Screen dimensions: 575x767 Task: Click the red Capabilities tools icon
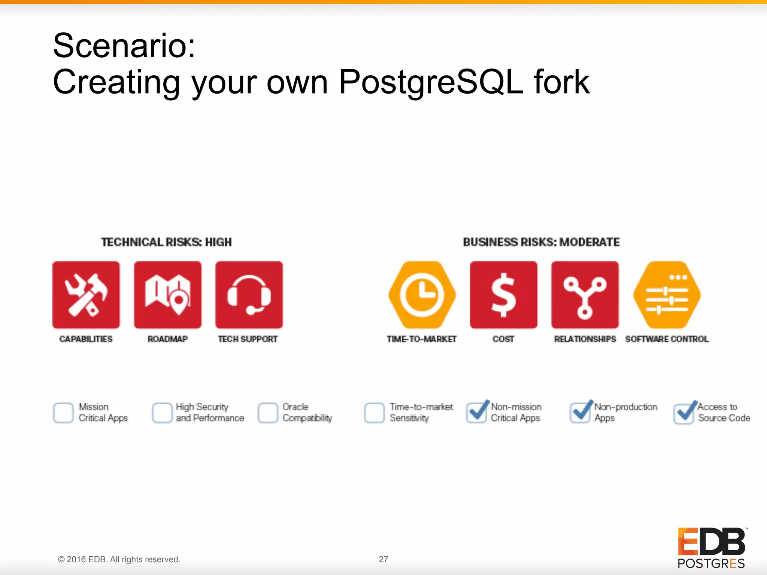pos(86,295)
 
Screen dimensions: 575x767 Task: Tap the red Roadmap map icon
pos(168,295)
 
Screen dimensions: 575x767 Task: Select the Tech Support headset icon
pos(249,295)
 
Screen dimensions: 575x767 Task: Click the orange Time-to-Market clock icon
pos(422,295)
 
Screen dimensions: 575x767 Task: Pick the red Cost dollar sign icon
pos(503,295)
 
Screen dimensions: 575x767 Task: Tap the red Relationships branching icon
pos(585,295)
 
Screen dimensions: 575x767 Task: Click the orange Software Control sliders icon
pos(667,295)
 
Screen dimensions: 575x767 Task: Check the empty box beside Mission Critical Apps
pos(63,413)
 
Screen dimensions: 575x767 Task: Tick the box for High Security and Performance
pos(162,413)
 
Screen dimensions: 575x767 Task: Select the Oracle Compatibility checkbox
pos(268,413)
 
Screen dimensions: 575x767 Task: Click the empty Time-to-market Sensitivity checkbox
pos(374,413)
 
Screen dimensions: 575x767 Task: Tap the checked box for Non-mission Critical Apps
pos(476,413)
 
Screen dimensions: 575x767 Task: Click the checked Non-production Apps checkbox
pos(580,413)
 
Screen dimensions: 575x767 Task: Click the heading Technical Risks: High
pos(166,242)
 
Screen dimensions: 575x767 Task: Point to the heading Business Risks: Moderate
pos(541,242)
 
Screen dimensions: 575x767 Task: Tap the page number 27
pos(383,559)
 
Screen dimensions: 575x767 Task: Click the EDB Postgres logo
pos(712,548)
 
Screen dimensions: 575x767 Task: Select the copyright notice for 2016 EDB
pos(119,559)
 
